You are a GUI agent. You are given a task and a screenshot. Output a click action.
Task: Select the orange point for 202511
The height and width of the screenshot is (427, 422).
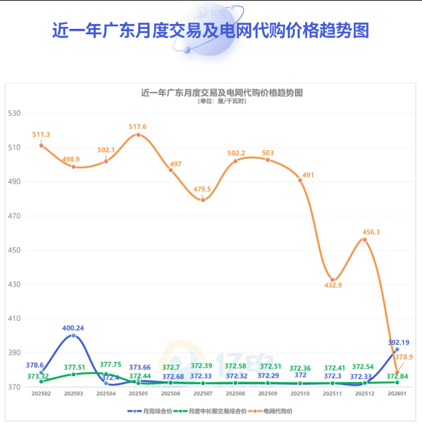pyautogui.click(x=332, y=280)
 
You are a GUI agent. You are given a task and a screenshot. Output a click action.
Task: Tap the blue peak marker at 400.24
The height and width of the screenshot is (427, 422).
pyautogui.click(x=74, y=335)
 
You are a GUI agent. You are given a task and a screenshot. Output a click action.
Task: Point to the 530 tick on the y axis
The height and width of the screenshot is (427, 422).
pyautogui.click(x=15, y=113)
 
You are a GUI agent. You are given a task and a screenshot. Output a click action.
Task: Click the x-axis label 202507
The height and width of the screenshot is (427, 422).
pyautogui.click(x=203, y=394)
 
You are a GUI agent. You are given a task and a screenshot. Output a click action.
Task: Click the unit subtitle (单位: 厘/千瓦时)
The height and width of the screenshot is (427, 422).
pyautogui.click(x=222, y=101)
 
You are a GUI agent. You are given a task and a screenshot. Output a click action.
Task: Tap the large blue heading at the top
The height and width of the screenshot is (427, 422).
pyautogui.click(x=211, y=30)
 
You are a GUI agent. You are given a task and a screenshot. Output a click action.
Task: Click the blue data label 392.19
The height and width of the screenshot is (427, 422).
pyautogui.click(x=399, y=342)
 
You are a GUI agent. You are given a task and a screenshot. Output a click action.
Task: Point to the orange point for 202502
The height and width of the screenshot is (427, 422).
pyautogui.click(x=41, y=145)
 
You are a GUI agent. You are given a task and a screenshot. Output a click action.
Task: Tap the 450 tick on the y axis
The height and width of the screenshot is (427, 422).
pyautogui.click(x=15, y=250)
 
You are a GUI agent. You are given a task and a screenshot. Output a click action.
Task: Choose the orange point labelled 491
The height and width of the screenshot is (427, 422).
pyautogui.click(x=300, y=180)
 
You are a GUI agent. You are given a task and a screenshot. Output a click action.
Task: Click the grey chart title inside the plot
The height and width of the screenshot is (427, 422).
pyautogui.click(x=222, y=93)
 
